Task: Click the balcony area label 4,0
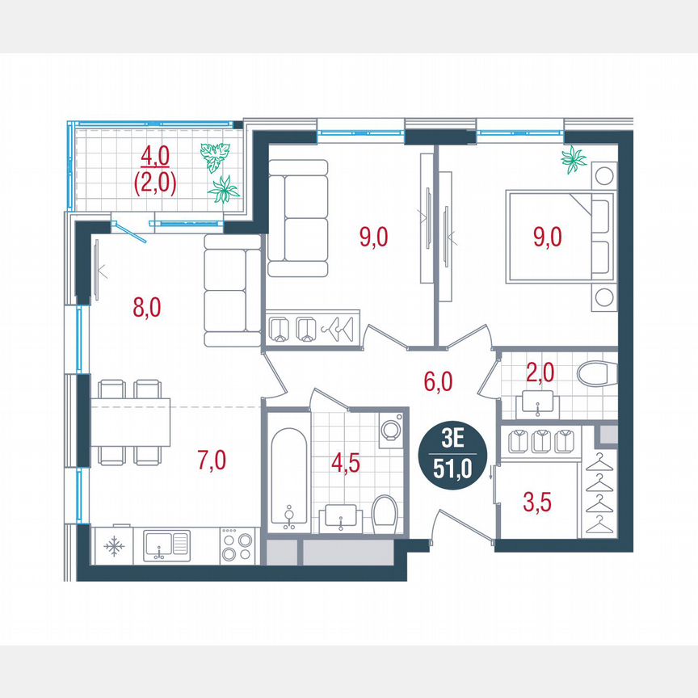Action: coord(154,153)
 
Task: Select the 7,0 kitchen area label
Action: coord(212,460)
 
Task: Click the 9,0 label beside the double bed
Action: coord(546,237)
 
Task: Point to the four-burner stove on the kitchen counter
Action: coord(237,546)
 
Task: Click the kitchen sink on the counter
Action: coord(166,546)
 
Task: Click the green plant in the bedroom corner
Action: coord(574,160)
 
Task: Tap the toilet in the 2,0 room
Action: coord(596,374)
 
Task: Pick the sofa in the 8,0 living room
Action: coord(232,292)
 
